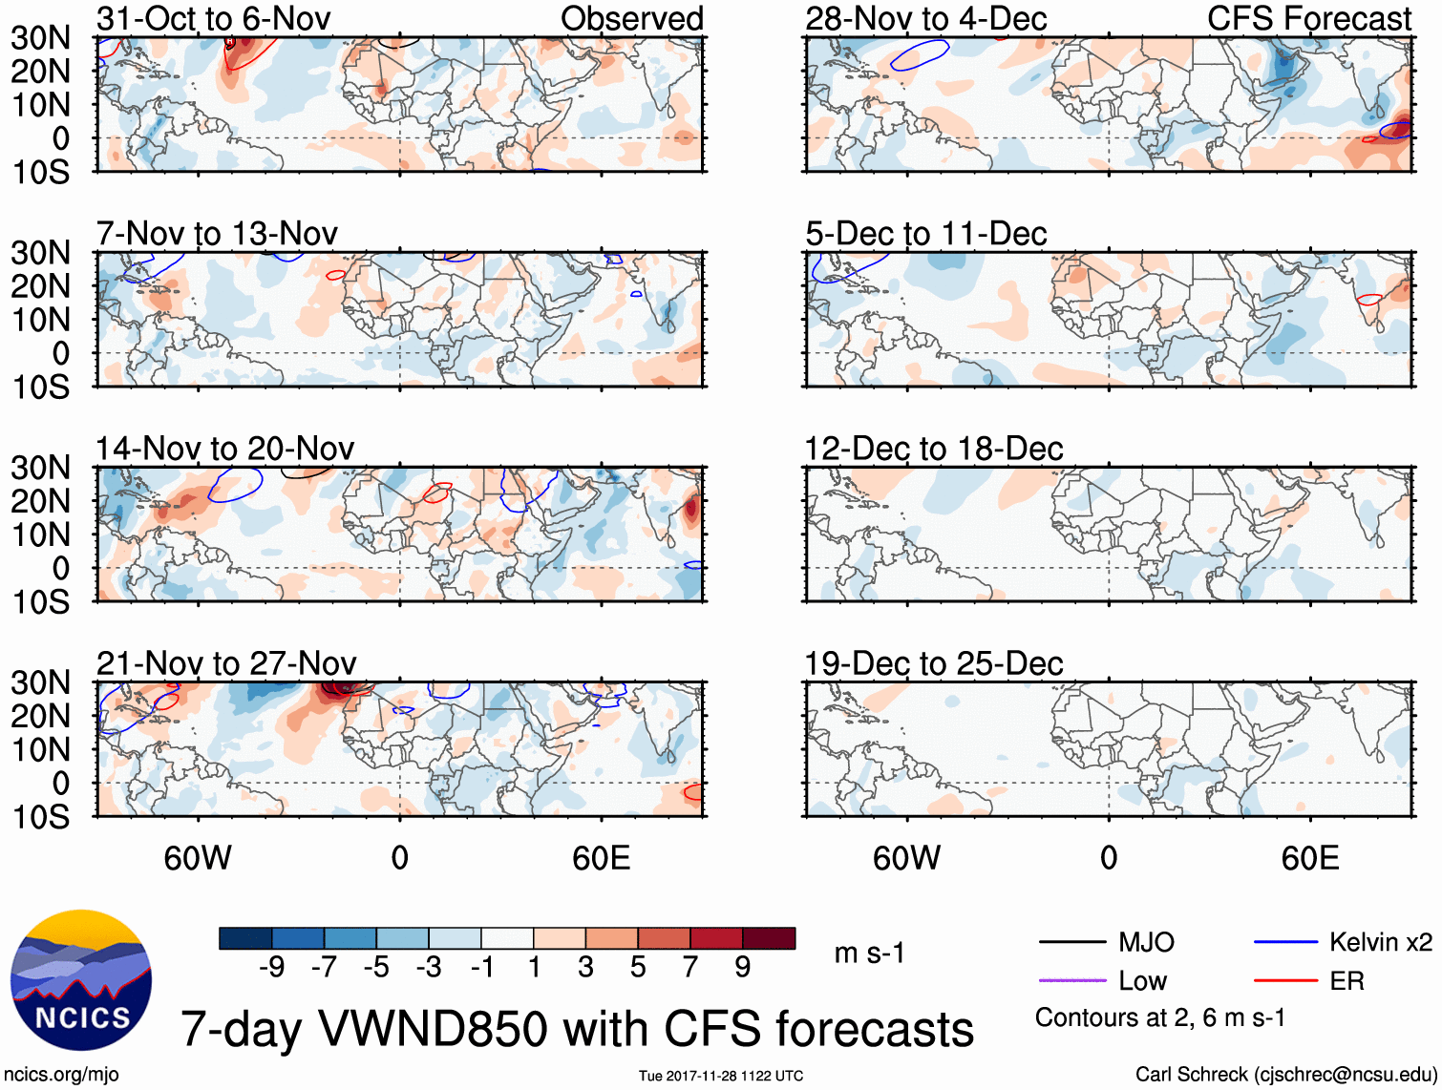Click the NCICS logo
click(x=80, y=979)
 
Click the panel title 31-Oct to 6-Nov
click(x=214, y=18)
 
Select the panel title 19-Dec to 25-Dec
click(x=933, y=663)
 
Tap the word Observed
click(x=631, y=18)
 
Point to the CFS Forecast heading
click(x=1308, y=18)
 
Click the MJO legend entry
click(x=1146, y=943)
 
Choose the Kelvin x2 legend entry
click(x=1380, y=943)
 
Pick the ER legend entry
click(x=1347, y=981)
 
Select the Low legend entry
click(x=1142, y=981)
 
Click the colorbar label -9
click(x=272, y=968)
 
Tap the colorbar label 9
click(x=743, y=968)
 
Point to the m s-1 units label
click(x=869, y=953)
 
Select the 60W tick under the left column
click(x=198, y=858)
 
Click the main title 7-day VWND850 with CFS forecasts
click(x=577, y=1029)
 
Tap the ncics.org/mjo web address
click(x=61, y=1075)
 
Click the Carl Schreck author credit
click(x=1285, y=1075)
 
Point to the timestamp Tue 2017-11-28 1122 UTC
click(x=721, y=1076)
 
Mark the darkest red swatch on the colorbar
click(x=769, y=938)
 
